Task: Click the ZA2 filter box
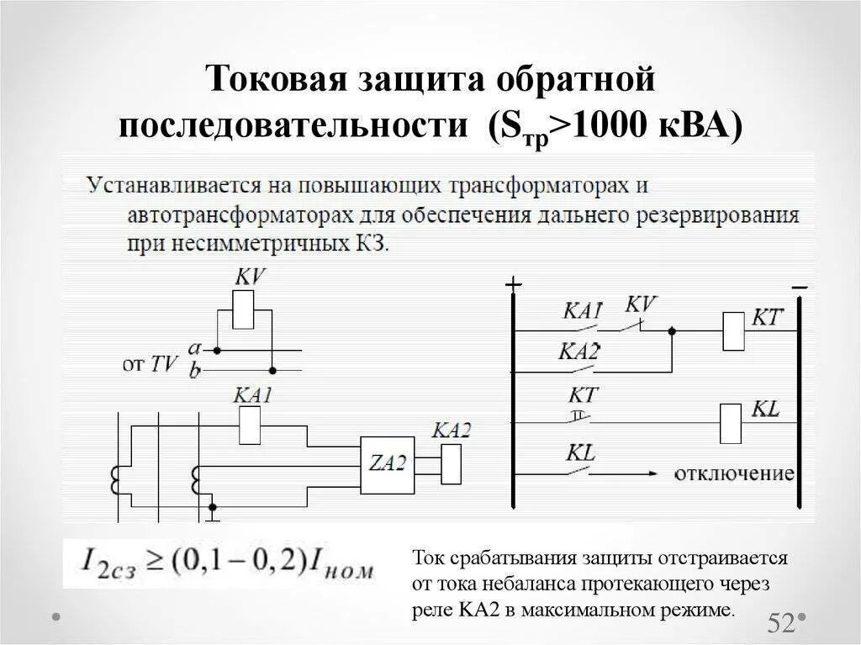coord(387,465)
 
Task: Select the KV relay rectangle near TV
coord(244,309)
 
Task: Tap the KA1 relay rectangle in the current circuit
coord(251,425)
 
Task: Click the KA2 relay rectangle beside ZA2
coord(452,464)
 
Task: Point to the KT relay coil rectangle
coord(733,330)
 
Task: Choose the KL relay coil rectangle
coord(731,422)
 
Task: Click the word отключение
coord(734,473)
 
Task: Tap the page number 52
coord(781,623)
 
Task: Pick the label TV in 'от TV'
coord(164,363)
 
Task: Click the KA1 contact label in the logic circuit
coord(582,311)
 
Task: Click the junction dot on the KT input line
coord(671,330)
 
